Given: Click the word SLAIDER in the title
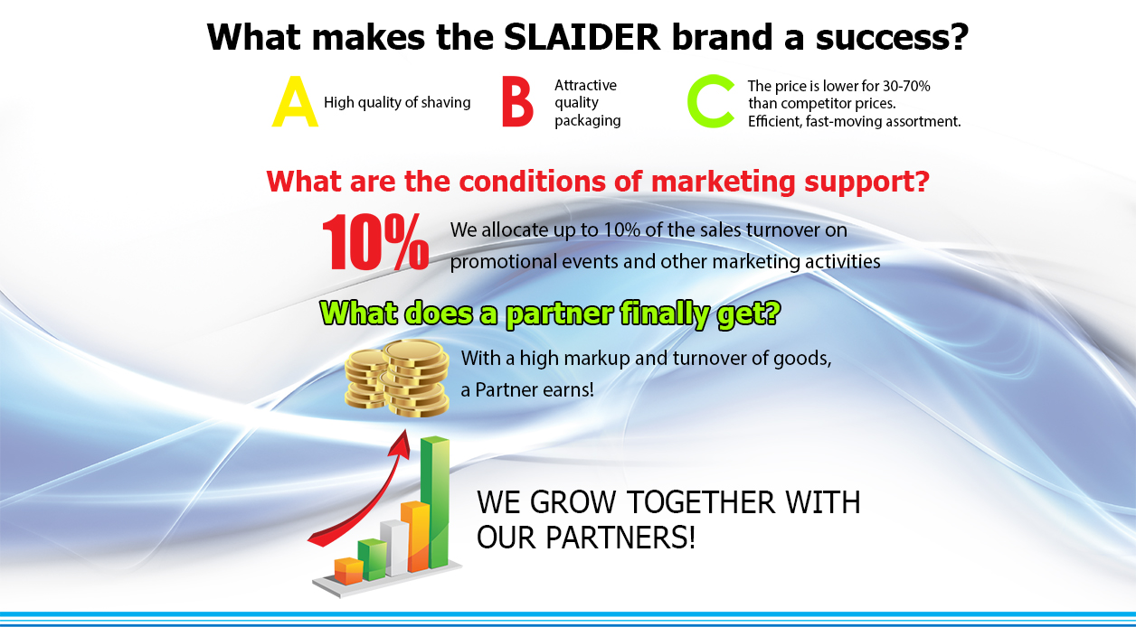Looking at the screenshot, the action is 582,37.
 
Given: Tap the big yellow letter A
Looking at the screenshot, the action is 295,101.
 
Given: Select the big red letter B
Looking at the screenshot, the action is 517,101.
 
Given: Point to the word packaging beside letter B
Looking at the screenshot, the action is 587,121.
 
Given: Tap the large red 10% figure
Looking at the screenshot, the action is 375,242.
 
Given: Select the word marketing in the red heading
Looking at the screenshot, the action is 723,182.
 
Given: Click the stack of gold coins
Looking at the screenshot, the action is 396,378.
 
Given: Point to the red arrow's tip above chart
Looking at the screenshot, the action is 405,431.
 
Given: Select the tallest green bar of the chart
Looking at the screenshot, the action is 435,502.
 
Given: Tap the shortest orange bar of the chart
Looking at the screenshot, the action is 348,570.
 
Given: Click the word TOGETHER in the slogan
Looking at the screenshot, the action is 701,502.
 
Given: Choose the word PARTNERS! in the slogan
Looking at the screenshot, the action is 620,538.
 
